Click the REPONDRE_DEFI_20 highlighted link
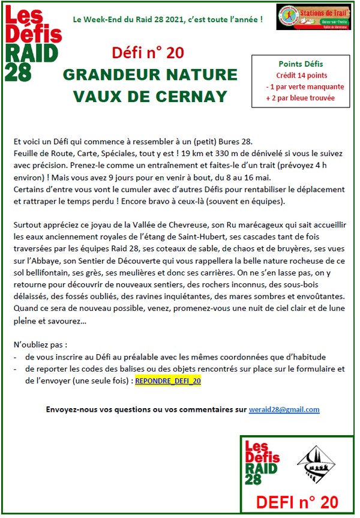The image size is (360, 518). point(168,381)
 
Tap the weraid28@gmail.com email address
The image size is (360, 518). point(284,409)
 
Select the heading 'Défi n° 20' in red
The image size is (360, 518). point(148,53)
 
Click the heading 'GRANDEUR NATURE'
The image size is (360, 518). point(150,75)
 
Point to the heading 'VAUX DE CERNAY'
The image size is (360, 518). point(150,96)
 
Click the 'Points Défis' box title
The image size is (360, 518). point(301,64)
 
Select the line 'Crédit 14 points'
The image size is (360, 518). point(301,75)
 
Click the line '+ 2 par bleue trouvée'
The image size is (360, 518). point(301,97)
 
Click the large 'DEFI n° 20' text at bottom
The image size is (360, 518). point(296,502)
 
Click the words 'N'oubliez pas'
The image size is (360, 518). point(38,346)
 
